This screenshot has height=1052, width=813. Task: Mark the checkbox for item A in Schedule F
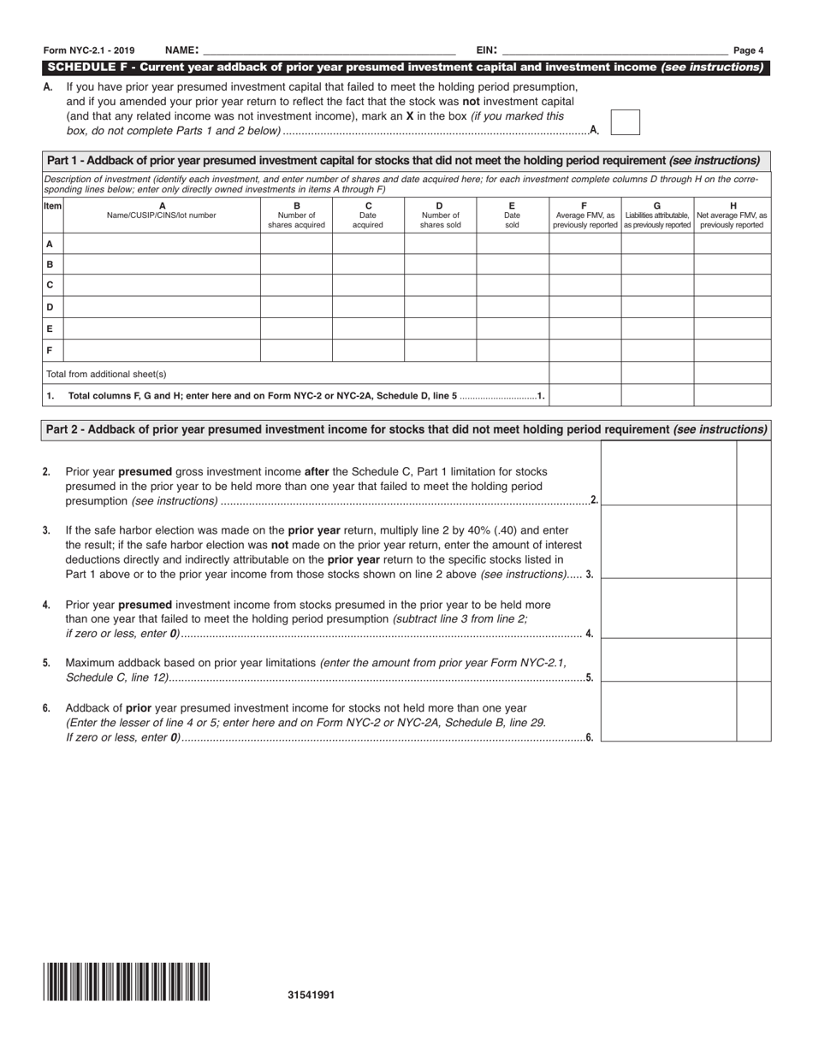[x=625, y=122]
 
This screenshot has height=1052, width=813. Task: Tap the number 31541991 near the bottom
[x=312, y=995]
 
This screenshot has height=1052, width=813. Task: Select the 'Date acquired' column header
[x=368, y=216]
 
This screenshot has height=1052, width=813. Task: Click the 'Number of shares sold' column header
[x=440, y=216]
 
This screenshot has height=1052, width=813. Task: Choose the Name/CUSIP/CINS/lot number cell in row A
[x=162, y=244]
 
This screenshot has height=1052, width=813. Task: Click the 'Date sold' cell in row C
[x=512, y=285]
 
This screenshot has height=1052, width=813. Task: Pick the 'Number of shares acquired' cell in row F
[x=296, y=351]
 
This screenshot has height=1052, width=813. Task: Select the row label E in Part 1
[x=50, y=328]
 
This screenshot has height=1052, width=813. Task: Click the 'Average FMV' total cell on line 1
[x=585, y=395]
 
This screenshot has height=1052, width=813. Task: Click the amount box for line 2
[x=668, y=473]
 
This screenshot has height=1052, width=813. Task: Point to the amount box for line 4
[x=668, y=608]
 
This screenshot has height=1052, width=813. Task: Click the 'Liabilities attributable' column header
[x=656, y=216]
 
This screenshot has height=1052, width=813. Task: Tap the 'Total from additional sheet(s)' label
[x=106, y=374]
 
